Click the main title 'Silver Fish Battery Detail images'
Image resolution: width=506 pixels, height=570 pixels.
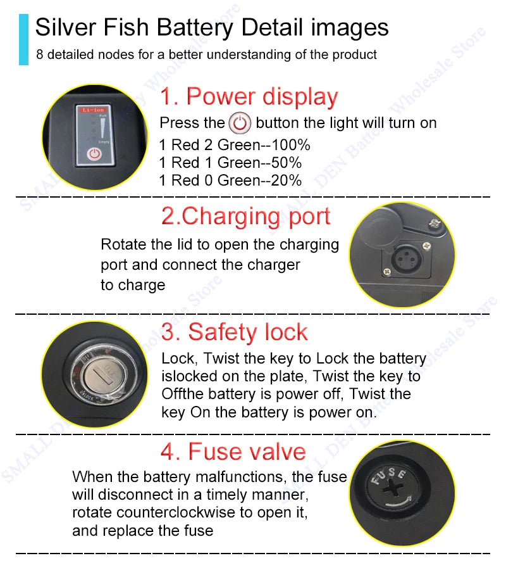(x=212, y=28)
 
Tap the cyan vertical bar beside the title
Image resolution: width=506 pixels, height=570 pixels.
(x=24, y=39)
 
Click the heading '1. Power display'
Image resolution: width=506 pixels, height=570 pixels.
(x=249, y=97)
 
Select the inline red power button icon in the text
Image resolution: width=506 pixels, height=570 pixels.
(x=240, y=122)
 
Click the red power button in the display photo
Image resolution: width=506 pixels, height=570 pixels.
(x=94, y=153)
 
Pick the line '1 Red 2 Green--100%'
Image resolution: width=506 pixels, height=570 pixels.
(x=235, y=145)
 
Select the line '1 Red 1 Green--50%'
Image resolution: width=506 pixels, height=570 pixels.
(x=230, y=163)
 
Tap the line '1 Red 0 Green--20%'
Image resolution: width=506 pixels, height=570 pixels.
(x=230, y=180)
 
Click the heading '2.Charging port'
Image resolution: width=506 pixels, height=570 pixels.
(x=245, y=216)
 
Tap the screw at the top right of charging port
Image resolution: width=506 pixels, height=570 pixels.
(x=435, y=223)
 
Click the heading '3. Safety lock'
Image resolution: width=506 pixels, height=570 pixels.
(x=234, y=332)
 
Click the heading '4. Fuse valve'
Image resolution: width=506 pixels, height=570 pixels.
(x=233, y=452)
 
